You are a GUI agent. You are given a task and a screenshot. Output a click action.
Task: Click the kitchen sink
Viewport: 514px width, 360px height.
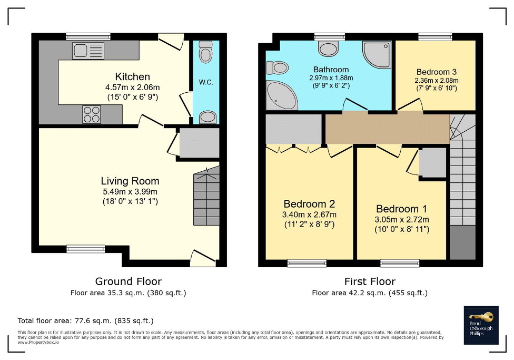pos(88,51)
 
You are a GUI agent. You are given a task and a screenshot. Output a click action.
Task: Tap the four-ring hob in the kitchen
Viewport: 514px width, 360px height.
pos(92,114)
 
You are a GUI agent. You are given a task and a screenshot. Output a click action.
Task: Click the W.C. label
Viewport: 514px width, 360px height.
pos(206,82)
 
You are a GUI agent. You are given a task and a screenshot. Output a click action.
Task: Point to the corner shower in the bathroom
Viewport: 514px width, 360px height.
pos(377,55)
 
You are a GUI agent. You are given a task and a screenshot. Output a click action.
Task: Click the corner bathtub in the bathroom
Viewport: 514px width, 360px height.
pos(281,95)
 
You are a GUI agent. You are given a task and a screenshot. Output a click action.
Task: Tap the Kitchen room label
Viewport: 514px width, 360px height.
pos(132,76)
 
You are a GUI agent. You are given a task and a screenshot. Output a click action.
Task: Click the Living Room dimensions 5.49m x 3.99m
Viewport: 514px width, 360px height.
pos(130,192)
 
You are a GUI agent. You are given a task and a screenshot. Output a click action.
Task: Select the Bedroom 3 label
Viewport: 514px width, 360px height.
pos(436,72)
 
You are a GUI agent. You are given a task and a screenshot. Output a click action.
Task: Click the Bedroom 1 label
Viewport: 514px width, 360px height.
pos(401,209)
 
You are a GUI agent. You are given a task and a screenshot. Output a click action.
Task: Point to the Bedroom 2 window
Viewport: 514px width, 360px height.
pos(307,263)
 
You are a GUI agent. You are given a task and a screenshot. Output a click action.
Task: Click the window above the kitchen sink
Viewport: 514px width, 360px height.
pos(88,36)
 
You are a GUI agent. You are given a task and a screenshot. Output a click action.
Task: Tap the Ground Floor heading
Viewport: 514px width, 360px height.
pos(128,281)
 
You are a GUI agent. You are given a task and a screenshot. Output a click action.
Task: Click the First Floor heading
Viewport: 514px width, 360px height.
pos(370,281)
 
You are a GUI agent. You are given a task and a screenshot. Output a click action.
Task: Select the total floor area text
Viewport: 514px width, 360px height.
pos(85,320)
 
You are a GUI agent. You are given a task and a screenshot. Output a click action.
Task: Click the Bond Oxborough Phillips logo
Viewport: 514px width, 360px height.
pos(481,325)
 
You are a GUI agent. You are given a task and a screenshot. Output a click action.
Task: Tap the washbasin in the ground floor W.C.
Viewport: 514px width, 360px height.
pos(207,117)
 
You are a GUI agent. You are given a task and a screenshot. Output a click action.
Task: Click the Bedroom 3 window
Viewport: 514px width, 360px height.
pos(435,36)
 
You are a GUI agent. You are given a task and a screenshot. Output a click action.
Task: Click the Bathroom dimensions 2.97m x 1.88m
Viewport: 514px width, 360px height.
pos(331,78)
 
